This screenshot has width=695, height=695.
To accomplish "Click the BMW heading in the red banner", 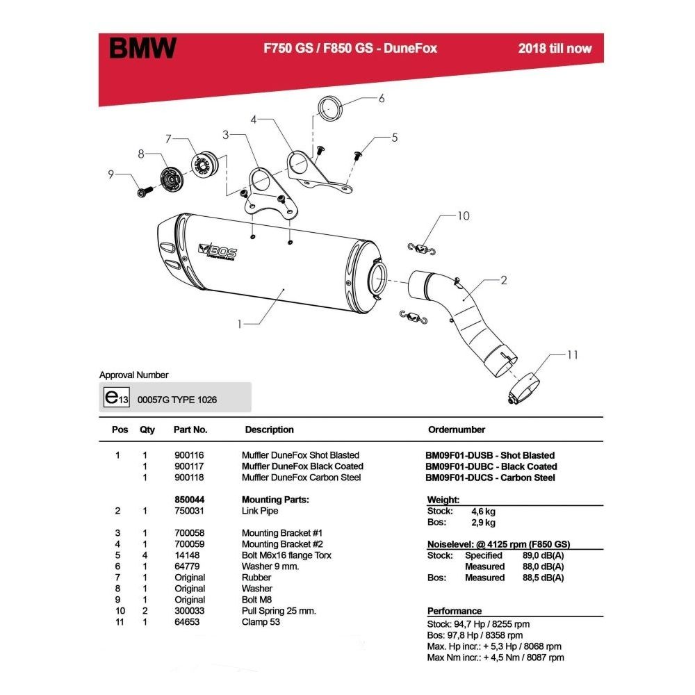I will (143, 49).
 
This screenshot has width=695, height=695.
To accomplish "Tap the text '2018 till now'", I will (555, 49).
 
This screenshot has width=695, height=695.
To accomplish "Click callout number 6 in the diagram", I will (381, 99).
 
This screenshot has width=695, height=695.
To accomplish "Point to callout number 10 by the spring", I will (463, 216).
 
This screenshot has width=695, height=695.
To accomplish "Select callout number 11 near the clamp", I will (572, 355).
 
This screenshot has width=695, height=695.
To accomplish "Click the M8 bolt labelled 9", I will (144, 189).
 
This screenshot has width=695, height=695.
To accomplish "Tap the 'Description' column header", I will (269, 430).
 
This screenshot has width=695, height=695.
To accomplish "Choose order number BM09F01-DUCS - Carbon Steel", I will (490, 477).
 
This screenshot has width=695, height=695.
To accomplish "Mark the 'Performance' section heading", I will (455, 611).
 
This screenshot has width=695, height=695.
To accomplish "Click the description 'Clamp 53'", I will (262, 622).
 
